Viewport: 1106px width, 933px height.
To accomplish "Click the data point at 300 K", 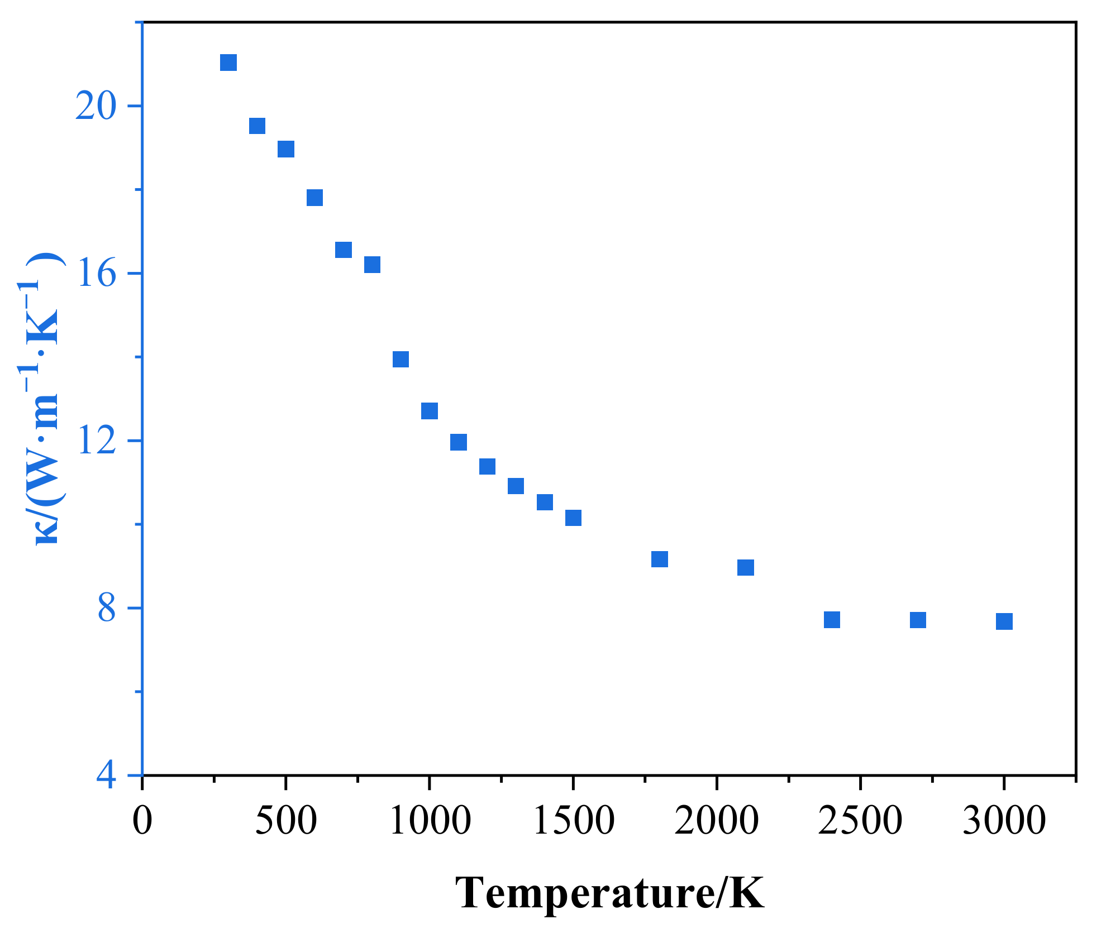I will click(x=228, y=63).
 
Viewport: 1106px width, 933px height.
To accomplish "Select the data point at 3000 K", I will click(x=1004, y=621).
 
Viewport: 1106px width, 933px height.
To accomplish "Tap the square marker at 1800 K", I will click(x=659, y=559).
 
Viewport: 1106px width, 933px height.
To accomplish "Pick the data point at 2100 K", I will click(x=746, y=568).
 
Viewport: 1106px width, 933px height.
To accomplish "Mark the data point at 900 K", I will click(x=401, y=359).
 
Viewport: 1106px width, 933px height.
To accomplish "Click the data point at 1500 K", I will click(x=573, y=518).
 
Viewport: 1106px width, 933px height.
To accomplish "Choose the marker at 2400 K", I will click(x=832, y=620).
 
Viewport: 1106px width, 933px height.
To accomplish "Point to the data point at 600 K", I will click(x=314, y=198).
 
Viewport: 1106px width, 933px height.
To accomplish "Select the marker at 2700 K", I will click(x=918, y=620).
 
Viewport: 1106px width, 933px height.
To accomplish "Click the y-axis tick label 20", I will click(x=96, y=106).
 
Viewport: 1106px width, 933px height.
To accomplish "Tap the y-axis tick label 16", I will click(x=96, y=274).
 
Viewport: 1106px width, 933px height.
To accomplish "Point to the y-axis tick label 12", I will click(x=96, y=441).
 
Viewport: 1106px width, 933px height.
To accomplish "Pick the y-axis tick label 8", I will click(x=106, y=608).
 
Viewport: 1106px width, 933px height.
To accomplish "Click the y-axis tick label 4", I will click(x=106, y=776).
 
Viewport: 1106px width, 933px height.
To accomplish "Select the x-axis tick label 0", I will click(x=142, y=821).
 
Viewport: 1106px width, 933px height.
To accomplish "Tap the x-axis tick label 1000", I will click(x=430, y=821).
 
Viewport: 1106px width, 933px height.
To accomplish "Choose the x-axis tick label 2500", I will click(x=860, y=821).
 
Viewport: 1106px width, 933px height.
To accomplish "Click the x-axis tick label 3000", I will click(x=1004, y=821).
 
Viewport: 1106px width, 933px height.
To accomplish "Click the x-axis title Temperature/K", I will click(x=609, y=892).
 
